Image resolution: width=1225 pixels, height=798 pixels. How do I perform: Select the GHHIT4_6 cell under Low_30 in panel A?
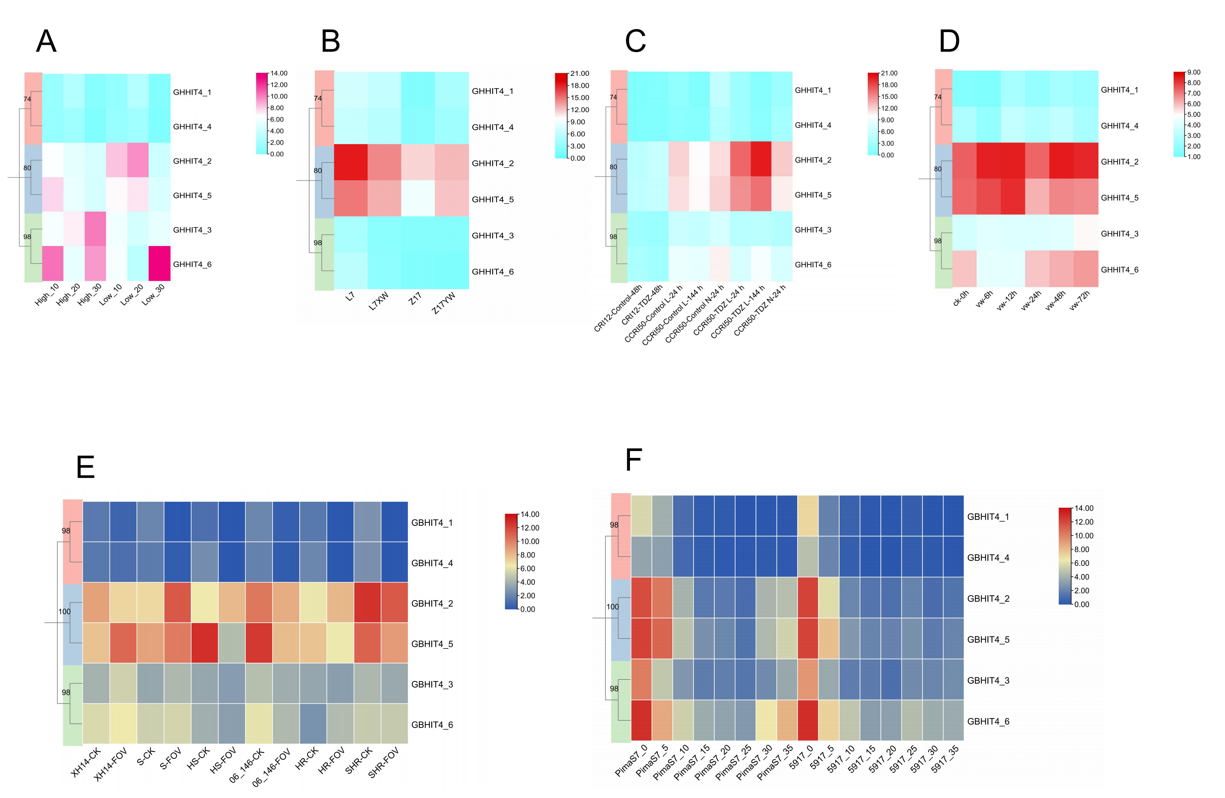click(159, 264)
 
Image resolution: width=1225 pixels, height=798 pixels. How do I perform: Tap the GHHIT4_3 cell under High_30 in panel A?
click(95, 229)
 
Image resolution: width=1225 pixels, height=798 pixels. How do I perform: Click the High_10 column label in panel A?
click(47, 294)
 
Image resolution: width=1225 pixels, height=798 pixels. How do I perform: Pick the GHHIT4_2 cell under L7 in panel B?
click(351, 162)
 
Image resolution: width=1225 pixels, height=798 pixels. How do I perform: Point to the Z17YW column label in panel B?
click(444, 303)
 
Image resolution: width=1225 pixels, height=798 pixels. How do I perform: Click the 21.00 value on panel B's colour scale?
click(579, 74)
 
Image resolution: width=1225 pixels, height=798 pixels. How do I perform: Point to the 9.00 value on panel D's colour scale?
click(1193, 73)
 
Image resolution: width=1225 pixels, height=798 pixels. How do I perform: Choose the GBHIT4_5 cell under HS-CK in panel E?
click(204, 643)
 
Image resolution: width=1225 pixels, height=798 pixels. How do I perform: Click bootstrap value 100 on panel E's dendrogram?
click(64, 612)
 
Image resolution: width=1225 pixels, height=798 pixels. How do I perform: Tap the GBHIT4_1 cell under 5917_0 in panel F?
click(807, 515)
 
